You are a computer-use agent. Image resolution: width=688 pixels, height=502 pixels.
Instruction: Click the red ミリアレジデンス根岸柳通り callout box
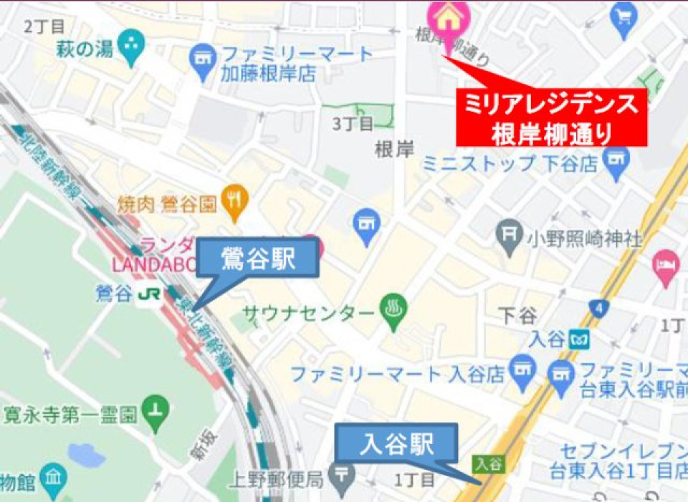[x=551, y=117]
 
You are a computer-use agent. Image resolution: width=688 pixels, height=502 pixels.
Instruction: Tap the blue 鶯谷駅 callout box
[x=258, y=259]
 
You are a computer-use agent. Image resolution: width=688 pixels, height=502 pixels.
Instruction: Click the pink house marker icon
[x=449, y=16]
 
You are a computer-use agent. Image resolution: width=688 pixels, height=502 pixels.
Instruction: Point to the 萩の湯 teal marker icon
[x=131, y=44]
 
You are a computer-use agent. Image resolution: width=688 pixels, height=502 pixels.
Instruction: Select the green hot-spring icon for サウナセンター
[x=392, y=312]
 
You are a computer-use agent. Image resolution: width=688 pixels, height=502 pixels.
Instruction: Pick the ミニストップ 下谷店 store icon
[x=616, y=162]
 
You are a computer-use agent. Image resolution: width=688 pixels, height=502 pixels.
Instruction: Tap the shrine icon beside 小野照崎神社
[x=509, y=234]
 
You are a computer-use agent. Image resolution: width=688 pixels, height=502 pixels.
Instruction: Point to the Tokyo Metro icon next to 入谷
[x=578, y=339]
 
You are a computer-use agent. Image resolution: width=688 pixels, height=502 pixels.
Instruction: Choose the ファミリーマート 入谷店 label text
[x=398, y=373]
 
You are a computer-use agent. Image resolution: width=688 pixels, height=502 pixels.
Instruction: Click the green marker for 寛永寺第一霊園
[x=156, y=410]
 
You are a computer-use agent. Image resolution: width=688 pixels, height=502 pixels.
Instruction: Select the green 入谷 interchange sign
[x=487, y=463]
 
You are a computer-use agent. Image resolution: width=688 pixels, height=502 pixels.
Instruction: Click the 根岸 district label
[x=395, y=150]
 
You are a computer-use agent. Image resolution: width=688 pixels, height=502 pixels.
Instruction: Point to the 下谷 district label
[x=518, y=315]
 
